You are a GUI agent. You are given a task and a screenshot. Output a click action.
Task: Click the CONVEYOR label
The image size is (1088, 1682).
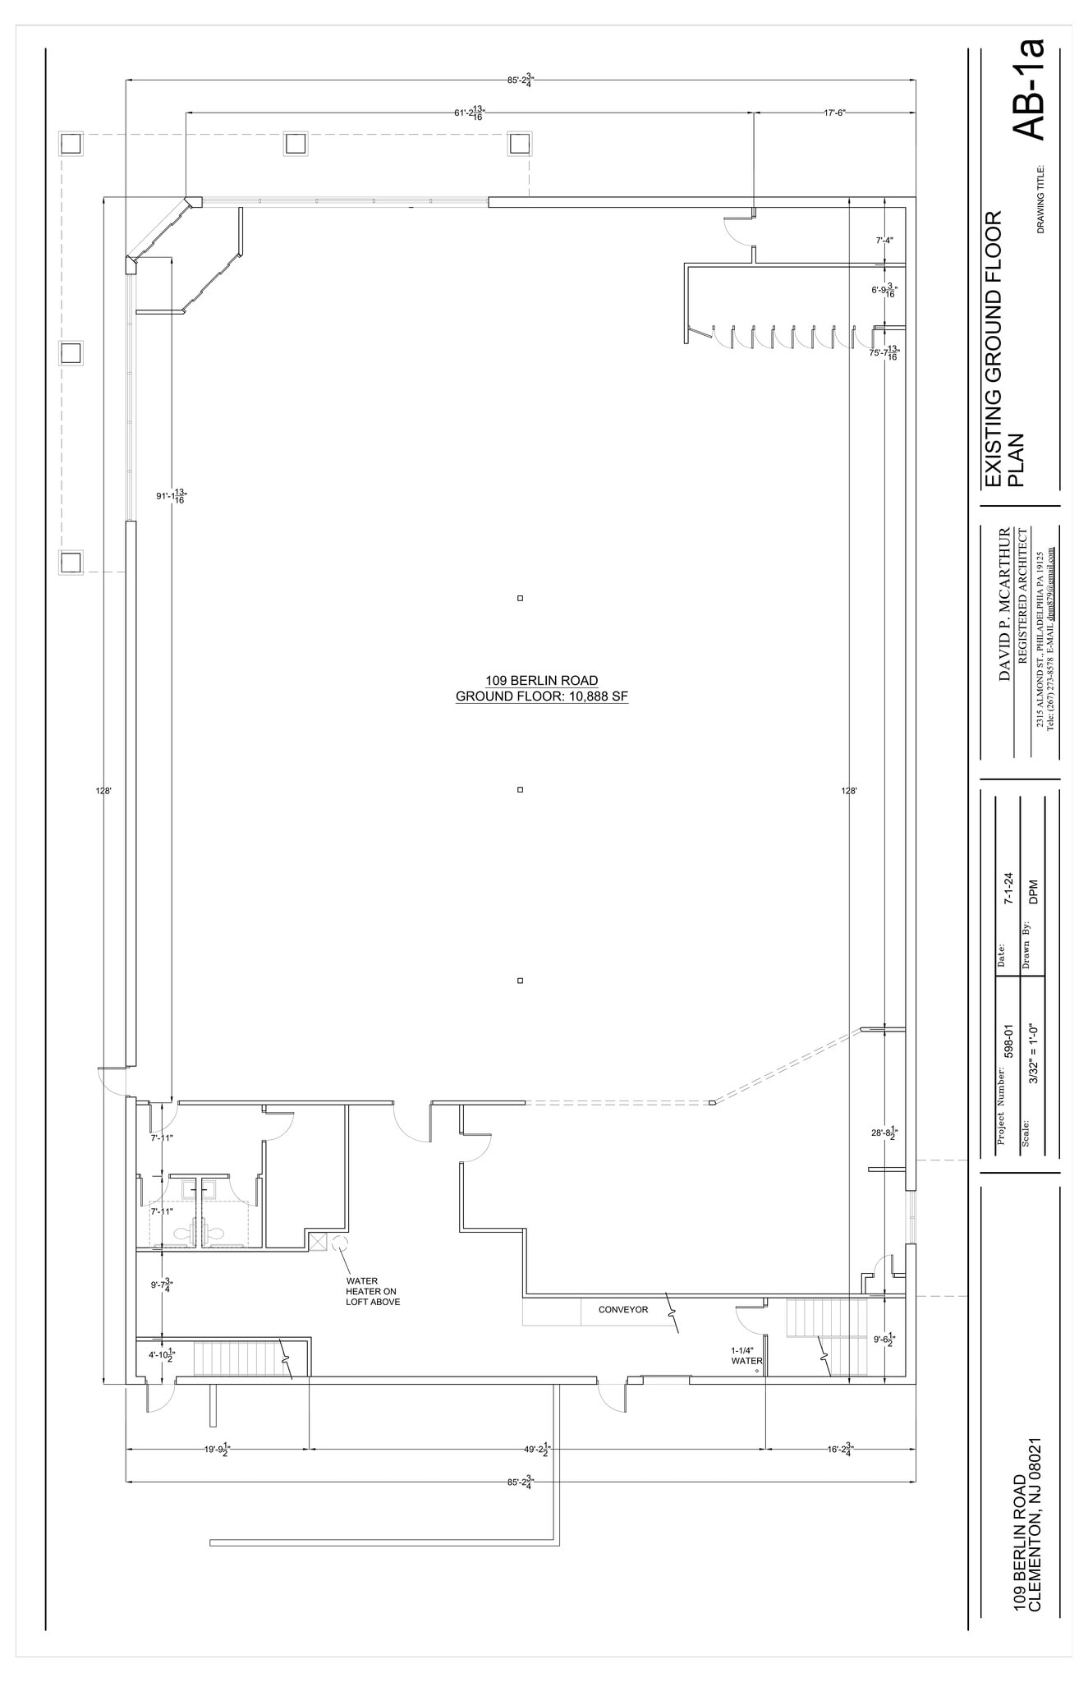point(622,1310)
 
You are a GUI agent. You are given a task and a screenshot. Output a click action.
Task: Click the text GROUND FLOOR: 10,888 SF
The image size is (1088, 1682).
point(541,696)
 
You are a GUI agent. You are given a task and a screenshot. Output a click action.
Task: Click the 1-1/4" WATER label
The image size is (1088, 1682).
point(746,1355)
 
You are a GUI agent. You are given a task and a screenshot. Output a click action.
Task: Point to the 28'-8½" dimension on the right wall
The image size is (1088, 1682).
point(883,1133)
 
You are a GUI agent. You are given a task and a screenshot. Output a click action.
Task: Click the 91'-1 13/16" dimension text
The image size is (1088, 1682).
point(171,496)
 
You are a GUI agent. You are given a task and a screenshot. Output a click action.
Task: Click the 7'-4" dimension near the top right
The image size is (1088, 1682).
point(884,241)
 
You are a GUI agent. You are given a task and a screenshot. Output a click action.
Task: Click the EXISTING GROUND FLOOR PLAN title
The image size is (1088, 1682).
point(1004,348)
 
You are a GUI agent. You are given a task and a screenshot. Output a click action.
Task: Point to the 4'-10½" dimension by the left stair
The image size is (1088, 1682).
point(160,1354)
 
